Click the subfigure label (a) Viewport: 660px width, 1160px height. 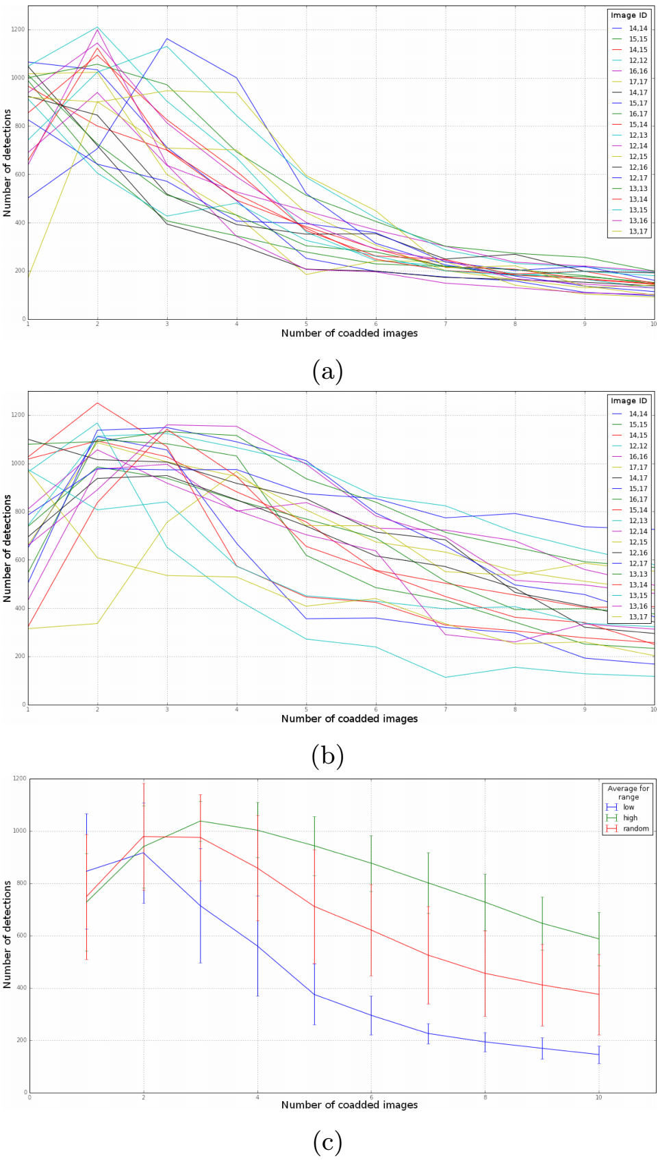(x=327, y=372)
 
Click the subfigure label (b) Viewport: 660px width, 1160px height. (x=327, y=757)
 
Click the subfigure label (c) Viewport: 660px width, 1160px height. (x=327, y=1142)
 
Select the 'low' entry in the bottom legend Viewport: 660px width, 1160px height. (x=629, y=807)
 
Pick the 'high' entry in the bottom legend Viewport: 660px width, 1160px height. (x=630, y=818)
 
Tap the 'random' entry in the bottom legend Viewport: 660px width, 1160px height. (x=635, y=829)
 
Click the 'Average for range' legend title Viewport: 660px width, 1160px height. (x=628, y=792)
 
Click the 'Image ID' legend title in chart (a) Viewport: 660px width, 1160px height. (x=629, y=15)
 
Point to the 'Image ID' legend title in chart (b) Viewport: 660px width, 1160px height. (x=629, y=401)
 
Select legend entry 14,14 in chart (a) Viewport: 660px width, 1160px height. (x=638, y=29)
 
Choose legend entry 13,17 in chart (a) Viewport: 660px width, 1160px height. (x=638, y=231)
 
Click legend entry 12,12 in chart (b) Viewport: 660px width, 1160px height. (x=638, y=446)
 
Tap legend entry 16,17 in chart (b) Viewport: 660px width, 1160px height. (x=638, y=500)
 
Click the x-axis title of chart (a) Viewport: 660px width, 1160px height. (x=349, y=333)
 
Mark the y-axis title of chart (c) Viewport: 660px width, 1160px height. (x=8, y=935)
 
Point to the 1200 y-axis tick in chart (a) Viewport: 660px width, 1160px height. (x=17, y=29)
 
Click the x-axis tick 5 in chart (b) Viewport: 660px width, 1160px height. (x=306, y=709)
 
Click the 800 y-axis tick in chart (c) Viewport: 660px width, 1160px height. (x=21, y=883)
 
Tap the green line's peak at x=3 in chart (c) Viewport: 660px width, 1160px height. (x=200, y=821)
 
